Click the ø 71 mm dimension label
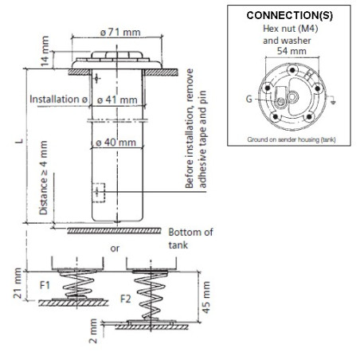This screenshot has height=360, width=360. pos(120,33)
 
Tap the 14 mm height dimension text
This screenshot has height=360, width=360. pos(45,51)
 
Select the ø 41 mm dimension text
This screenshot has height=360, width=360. pos(117,100)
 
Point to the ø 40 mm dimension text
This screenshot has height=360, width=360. pos(116,143)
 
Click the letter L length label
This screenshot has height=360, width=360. pos(19,141)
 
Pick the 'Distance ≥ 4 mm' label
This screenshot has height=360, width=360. pos(43,178)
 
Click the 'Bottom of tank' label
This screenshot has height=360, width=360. pos(190,238)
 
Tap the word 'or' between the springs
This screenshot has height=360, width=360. pos(115,248)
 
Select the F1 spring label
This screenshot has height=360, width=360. pos(45,285)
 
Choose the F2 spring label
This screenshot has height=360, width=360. pos(126,299)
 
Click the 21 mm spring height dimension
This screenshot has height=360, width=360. pos(18,283)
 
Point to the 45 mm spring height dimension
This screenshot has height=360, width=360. pos(206,297)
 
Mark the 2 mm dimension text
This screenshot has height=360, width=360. pos(93,331)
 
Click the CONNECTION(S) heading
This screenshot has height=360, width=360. pos(290,15)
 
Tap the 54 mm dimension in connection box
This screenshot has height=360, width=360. pos(292,51)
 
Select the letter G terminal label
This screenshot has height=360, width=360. pos(248,99)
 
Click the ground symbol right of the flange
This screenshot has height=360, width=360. pos(332,100)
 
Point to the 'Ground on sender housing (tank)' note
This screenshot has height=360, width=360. pos(292,139)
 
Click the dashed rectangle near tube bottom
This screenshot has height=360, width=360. pos(99,193)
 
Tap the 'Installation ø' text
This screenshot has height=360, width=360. pos(58,100)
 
